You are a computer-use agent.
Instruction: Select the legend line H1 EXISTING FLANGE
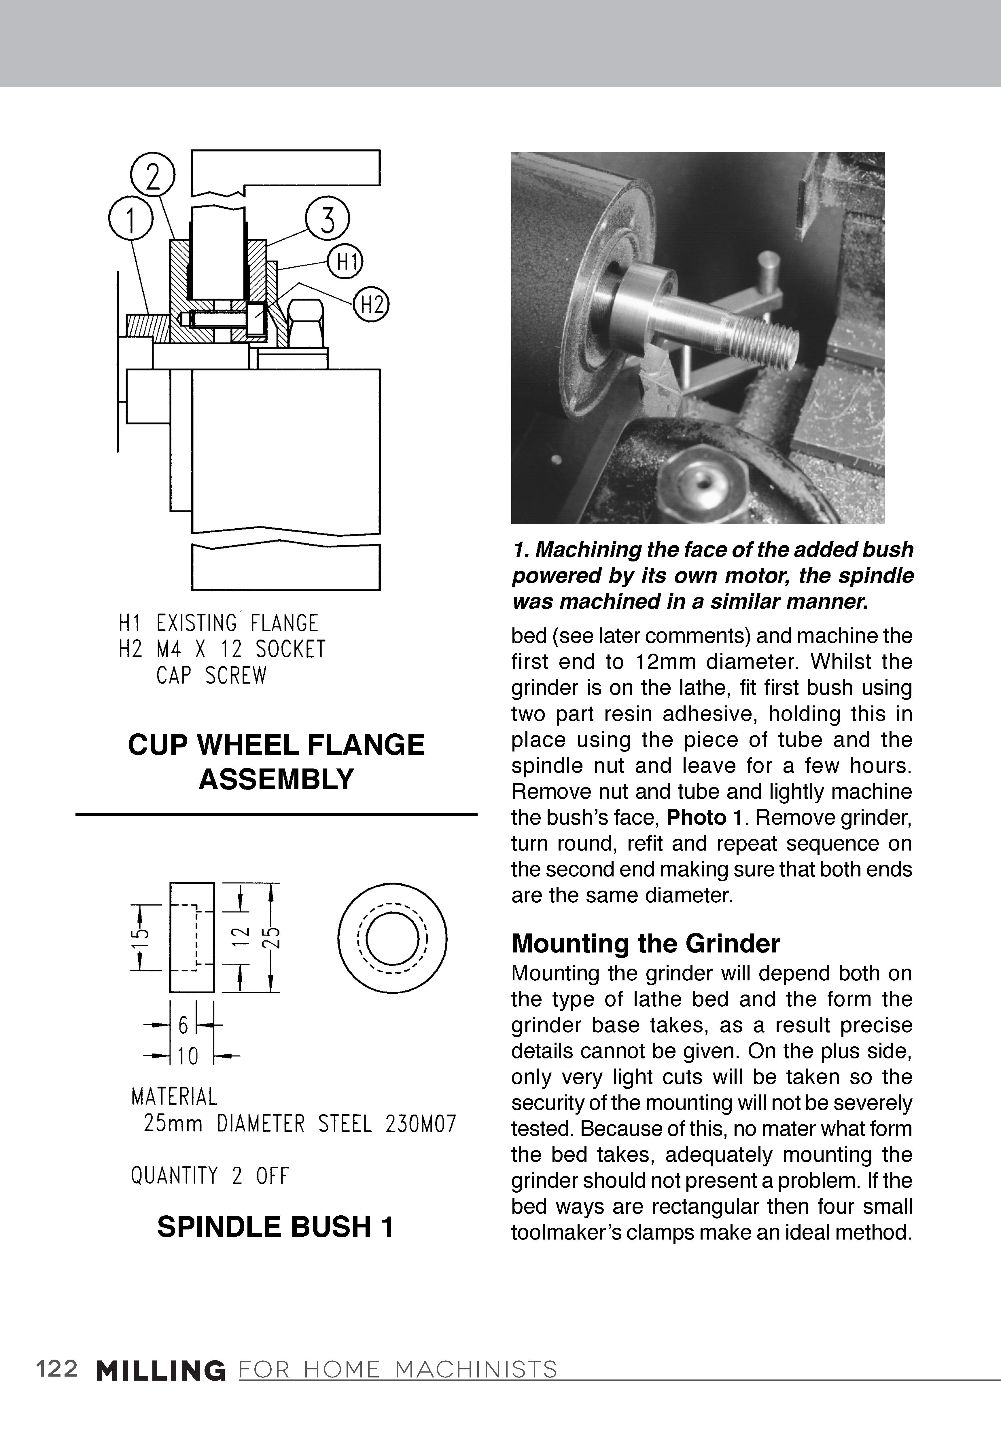[219, 623]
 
